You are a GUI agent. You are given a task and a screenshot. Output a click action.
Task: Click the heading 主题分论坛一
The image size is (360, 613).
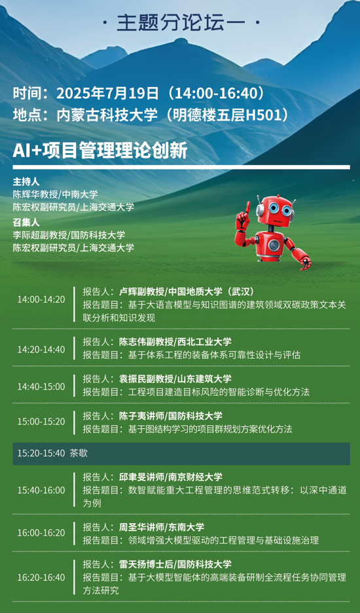[180, 24]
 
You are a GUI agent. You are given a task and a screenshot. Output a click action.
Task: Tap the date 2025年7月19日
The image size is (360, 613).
[107, 94]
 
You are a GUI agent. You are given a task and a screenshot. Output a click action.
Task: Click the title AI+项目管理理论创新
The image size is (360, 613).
[100, 151]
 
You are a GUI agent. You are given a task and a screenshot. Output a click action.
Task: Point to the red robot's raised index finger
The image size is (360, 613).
[247, 207]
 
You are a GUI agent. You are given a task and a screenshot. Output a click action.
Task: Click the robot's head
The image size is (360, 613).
[275, 211]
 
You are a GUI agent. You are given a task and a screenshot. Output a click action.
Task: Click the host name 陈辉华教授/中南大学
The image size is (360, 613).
[55, 195]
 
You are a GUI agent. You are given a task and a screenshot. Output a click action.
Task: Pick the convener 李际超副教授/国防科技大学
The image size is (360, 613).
[69, 235]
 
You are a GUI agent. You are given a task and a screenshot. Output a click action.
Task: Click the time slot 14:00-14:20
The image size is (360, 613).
[41, 299]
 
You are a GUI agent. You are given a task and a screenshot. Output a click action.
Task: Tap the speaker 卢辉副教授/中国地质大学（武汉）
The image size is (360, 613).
[187, 291]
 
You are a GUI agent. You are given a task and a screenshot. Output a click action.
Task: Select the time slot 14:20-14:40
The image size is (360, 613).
[41, 350]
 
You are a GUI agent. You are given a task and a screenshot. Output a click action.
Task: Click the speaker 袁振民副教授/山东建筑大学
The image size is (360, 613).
[175, 379]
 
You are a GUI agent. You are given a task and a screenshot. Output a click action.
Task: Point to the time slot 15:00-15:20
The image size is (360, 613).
[41, 422]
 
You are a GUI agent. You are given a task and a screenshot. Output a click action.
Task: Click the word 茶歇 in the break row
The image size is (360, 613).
[79, 453]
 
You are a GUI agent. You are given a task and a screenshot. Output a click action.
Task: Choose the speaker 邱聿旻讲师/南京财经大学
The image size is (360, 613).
[170, 477]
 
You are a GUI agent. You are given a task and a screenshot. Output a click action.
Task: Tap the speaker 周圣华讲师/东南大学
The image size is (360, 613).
[162, 527]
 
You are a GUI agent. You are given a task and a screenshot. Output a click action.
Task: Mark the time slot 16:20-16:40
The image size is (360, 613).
[41, 578]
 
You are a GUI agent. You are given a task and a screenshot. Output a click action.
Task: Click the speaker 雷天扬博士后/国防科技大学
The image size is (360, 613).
[175, 564]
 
